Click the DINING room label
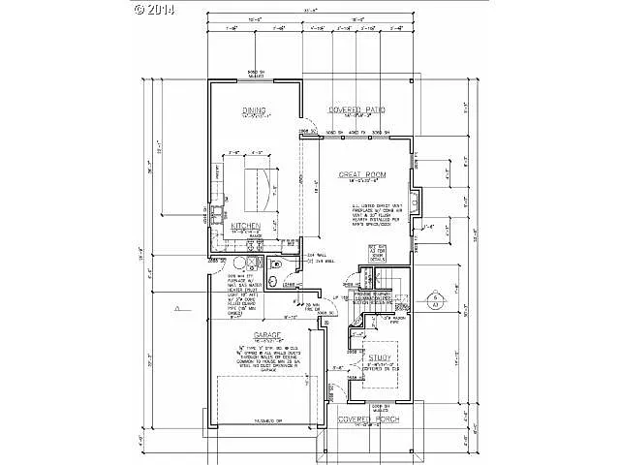click(254, 111)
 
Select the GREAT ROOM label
click(362, 175)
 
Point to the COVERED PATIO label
click(357, 110)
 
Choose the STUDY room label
click(378, 358)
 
